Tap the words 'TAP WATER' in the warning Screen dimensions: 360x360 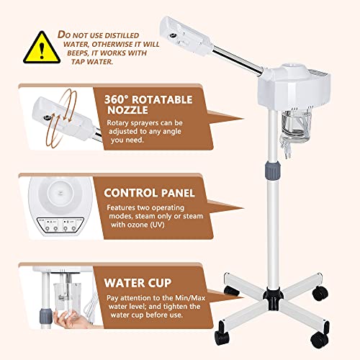97,60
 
